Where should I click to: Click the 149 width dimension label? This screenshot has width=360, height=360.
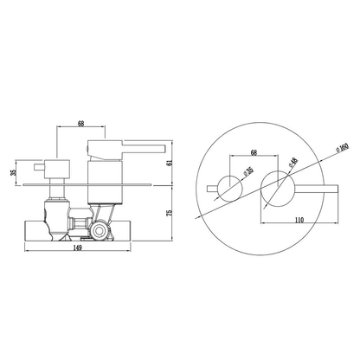point(78,247)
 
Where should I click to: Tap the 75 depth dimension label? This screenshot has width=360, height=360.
point(170,213)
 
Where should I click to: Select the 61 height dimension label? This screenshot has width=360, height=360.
point(170,163)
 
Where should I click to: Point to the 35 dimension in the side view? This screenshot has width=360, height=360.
point(13,172)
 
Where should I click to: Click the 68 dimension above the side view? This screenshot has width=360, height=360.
point(81,124)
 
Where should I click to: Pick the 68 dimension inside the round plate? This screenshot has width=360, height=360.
point(254,152)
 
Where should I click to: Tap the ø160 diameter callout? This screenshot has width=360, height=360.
point(343,147)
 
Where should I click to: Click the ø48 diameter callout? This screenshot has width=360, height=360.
point(292,163)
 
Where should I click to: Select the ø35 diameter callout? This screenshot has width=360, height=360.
point(248,170)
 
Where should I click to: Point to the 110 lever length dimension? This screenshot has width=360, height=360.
point(299,220)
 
